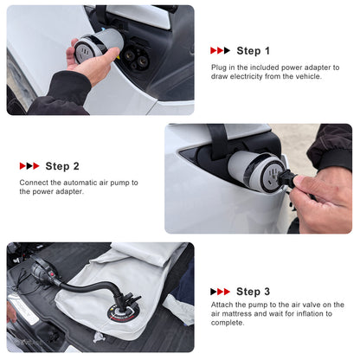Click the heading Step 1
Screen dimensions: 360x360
click(253, 51)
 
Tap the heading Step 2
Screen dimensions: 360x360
click(62, 166)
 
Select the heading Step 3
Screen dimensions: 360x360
click(253, 292)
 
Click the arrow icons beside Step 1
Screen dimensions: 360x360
click(220, 51)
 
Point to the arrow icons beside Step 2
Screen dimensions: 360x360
click(29, 166)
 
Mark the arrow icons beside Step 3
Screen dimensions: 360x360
click(220, 292)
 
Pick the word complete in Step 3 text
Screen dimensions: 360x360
click(228, 323)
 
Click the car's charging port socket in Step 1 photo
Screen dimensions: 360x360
click(136, 58)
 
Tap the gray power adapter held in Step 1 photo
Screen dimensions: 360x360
click(98, 45)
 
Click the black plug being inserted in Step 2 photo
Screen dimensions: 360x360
click(287, 178)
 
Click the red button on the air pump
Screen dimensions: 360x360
click(52, 274)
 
